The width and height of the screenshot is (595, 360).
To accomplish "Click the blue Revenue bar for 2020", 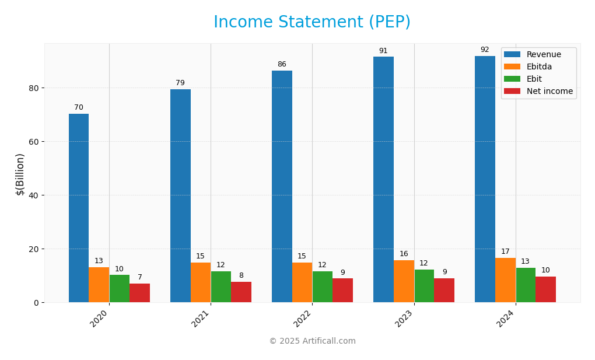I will tap(79, 208).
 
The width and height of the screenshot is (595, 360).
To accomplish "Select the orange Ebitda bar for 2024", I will tap(505, 280).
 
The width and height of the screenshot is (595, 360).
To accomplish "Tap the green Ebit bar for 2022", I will tap(322, 286).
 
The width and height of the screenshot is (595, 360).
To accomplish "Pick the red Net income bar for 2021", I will tap(241, 292).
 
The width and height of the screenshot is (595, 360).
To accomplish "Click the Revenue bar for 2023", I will tap(383, 179).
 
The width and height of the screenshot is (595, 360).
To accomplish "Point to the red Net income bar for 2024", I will tap(545, 289).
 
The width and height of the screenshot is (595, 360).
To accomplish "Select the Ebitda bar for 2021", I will tap(201, 282).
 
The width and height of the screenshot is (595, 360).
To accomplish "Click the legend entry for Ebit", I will tap(534, 79).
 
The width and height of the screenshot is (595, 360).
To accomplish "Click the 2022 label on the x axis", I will tap(303, 319).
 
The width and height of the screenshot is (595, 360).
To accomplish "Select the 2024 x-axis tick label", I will tap(506, 319).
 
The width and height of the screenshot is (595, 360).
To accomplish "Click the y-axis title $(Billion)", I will tap(20, 174).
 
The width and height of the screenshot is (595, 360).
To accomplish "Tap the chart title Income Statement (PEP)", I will tap(311, 22).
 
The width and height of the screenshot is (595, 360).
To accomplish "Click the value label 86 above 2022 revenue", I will tap(282, 64).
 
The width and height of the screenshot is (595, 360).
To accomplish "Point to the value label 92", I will tap(485, 50).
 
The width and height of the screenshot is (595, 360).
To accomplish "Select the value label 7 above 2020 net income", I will tap(140, 277).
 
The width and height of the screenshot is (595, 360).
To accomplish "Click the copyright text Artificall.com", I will tap(312, 341).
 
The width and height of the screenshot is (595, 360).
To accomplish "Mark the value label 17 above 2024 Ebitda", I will tap(505, 251).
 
